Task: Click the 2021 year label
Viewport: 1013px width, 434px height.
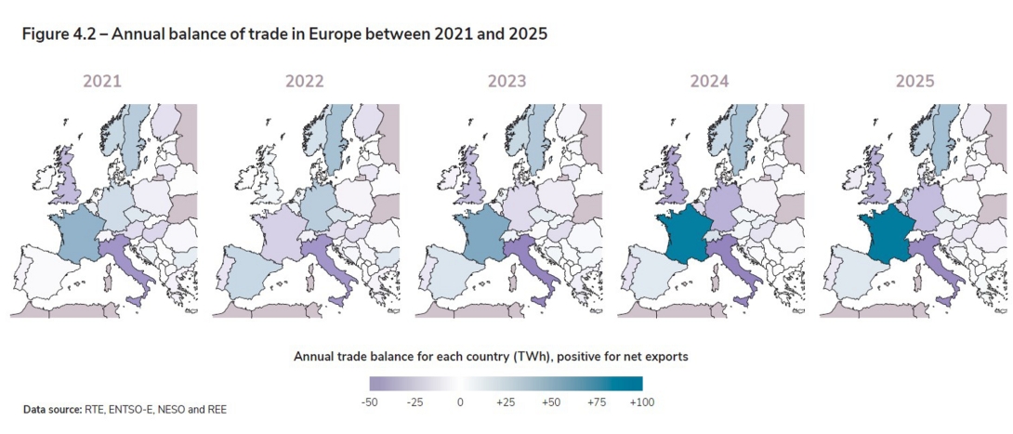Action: click(x=102, y=82)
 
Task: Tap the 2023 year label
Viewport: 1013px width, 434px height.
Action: click(x=506, y=82)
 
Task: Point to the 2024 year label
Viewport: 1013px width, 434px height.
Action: click(x=709, y=82)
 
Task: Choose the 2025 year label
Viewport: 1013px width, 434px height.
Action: click(x=914, y=82)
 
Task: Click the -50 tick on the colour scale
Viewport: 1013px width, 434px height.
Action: click(x=370, y=402)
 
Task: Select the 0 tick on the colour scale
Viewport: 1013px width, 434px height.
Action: click(x=459, y=402)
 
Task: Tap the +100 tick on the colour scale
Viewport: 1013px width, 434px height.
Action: click(x=640, y=402)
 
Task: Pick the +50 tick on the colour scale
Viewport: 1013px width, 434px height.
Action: click(x=550, y=402)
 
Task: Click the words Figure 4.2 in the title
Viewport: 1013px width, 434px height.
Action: click(x=59, y=34)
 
